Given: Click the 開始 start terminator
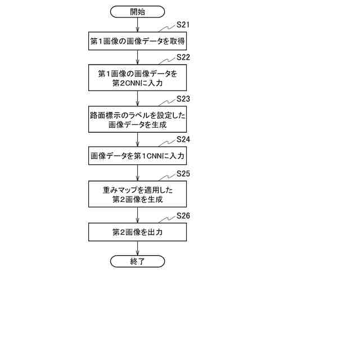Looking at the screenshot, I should pos(138,11).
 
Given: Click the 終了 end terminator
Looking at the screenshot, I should pos(138,261).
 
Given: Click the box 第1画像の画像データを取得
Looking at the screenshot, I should pos(138,41).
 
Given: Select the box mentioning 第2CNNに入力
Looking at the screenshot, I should pos(138,78).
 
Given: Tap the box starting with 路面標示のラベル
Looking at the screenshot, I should pos(138,119).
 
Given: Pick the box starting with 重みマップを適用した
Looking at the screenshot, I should pos(138,194).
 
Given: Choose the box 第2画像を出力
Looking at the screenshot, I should pos(138,232).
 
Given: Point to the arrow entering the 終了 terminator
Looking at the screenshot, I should pos(138,248).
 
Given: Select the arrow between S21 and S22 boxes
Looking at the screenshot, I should pos(138,57).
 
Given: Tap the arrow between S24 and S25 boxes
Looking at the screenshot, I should pos(138,173).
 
